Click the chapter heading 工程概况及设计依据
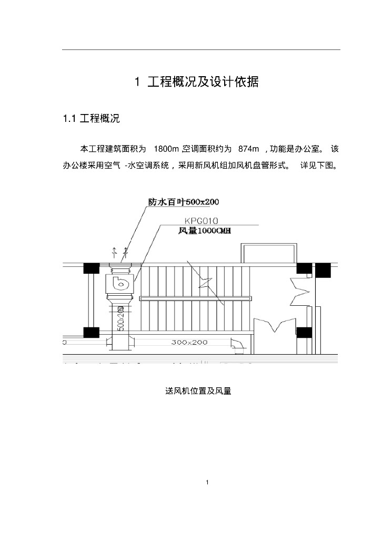(203, 82)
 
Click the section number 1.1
(70, 119)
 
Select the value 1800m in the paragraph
(165, 149)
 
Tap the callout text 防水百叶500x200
(183, 202)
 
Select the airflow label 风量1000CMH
(205, 230)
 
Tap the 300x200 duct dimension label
(189, 342)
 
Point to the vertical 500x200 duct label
(120, 318)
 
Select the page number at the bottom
(208, 482)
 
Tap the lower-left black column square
(91, 333)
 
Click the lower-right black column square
(304, 333)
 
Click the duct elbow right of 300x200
(238, 346)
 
